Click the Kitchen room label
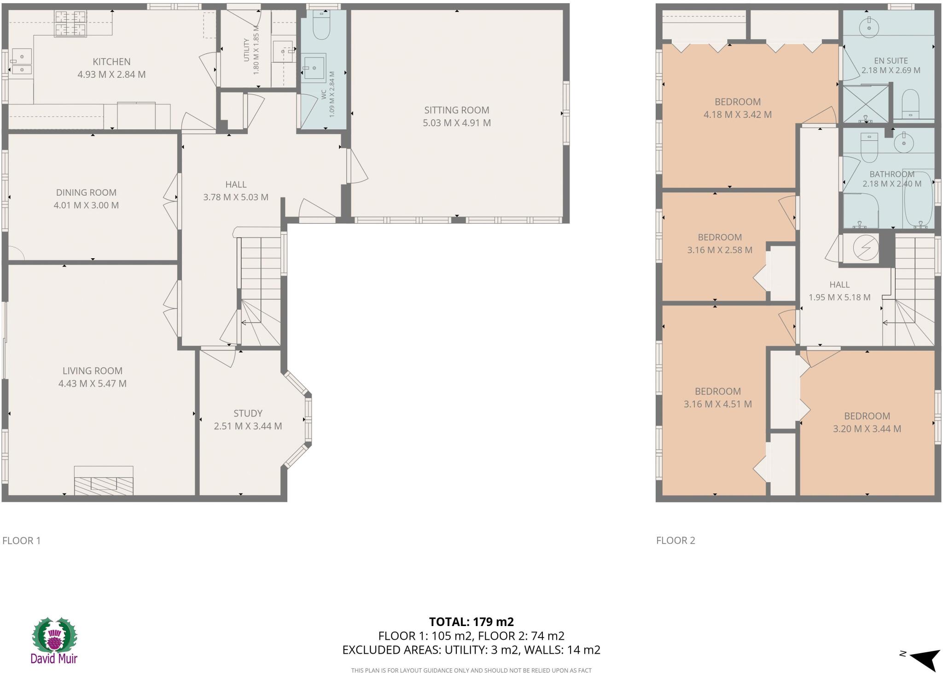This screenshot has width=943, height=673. pyautogui.click(x=111, y=62)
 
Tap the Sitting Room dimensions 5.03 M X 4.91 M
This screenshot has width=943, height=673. pyautogui.click(x=456, y=123)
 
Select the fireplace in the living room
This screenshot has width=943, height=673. pyautogui.click(x=104, y=481)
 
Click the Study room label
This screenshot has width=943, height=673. pyautogui.click(x=248, y=413)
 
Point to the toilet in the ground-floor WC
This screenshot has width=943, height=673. pyautogui.click(x=321, y=26)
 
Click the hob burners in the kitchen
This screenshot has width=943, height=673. pyautogui.click(x=70, y=23)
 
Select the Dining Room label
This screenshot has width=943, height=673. pyautogui.click(x=86, y=192)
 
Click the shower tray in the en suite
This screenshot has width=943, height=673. pyautogui.click(x=865, y=104)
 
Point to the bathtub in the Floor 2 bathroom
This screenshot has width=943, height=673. pyautogui.click(x=919, y=200)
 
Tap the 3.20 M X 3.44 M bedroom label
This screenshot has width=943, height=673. pyautogui.click(x=867, y=429)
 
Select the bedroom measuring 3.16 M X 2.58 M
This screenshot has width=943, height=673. pyautogui.click(x=719, y=244)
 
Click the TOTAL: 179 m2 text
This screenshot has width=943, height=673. pyautogui.click(x=471, y=622)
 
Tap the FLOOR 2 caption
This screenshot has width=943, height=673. pyautogui.click(x=675, y=540)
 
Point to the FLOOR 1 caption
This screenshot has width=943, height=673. pyautogui.click(x=22, y=540)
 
